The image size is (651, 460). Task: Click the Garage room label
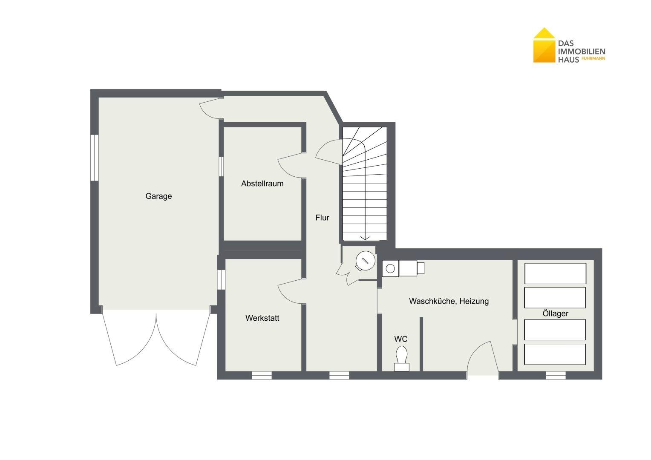pos(158,196)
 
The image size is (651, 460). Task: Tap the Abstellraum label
pos(262,184)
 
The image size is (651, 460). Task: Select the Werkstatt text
pos(262,318)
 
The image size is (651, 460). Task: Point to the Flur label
pos(322,218)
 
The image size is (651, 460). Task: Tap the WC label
pos(401,339)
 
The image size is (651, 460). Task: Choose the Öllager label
pos(556,313)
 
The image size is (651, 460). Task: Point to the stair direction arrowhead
pos(365,238)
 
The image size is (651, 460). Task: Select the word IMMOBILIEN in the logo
pos(582,52)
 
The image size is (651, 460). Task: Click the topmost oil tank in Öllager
pos(556,273)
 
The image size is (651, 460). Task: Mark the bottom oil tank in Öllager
pos(555,354)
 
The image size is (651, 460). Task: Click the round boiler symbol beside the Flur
pos(365,261)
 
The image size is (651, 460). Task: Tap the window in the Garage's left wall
pos(95,158)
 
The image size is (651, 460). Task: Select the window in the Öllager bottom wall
pos(556,375)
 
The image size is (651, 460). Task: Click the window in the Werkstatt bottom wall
pos(262,375)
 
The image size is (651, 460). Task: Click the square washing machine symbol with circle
pos(390,268)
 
